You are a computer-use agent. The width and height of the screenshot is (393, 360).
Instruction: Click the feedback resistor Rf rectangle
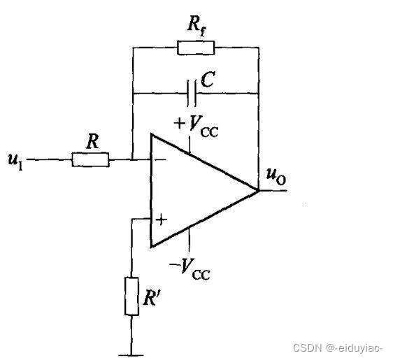(x=196, y=48)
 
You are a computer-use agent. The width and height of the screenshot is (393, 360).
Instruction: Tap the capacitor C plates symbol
(x=192, y=94)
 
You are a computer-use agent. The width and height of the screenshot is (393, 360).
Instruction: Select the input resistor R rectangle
(x=90, y=159)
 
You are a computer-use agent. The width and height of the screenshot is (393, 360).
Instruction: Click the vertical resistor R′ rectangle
(x=131, y=296)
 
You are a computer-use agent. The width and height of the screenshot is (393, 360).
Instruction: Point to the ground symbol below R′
(x=131, y=355)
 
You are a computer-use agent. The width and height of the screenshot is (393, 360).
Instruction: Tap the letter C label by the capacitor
(x=208, y=80)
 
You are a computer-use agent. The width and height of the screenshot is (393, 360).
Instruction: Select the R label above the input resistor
(x=93, y=141)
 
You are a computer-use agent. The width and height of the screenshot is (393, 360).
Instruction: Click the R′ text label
(x=151, y=298)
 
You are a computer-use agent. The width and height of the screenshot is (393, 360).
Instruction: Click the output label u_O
(x=276, y=176)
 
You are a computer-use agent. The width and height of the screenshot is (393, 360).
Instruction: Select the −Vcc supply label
(x=190, y=268)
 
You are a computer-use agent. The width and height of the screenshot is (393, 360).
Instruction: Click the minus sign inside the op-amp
(x=162, y=160)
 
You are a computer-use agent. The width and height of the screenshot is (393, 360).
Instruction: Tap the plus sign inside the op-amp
(x=162, y=219)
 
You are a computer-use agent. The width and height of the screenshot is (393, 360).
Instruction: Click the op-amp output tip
(x=258, y=191)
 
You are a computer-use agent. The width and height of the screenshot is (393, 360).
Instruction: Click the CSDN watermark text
(x=338, y=347)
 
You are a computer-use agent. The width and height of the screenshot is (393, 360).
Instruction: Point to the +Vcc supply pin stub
(x=190, y=145)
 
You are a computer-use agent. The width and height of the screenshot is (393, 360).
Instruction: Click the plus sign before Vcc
(x=180, y=124)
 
